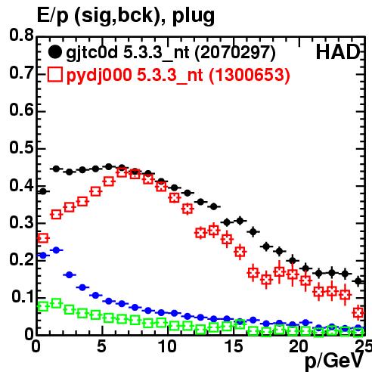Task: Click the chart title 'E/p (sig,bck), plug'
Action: [126, 15]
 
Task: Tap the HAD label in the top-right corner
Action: [338, 52]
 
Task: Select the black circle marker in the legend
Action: [54, 52]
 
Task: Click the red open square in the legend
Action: [54, 75]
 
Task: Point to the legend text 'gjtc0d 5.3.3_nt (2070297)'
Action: [171, 53]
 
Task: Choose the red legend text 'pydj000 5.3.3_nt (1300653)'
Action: [178, 76]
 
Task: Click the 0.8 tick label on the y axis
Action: [21, 35]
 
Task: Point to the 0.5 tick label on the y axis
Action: [21, 147]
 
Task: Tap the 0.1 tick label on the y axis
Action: [22, 296]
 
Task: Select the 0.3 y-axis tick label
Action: [21, 222]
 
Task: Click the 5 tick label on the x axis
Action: [101, 346]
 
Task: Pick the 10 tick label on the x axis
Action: [167, 346]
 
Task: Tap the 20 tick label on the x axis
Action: [299, 346]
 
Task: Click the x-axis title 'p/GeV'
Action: [334, 361]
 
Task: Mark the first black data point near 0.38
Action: [43, 191]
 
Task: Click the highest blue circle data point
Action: [56, 250]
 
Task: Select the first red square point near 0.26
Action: [43, 238]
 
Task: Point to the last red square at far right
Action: [358, 313]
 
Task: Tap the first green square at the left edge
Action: [43, 307]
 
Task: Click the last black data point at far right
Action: [358, 281]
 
